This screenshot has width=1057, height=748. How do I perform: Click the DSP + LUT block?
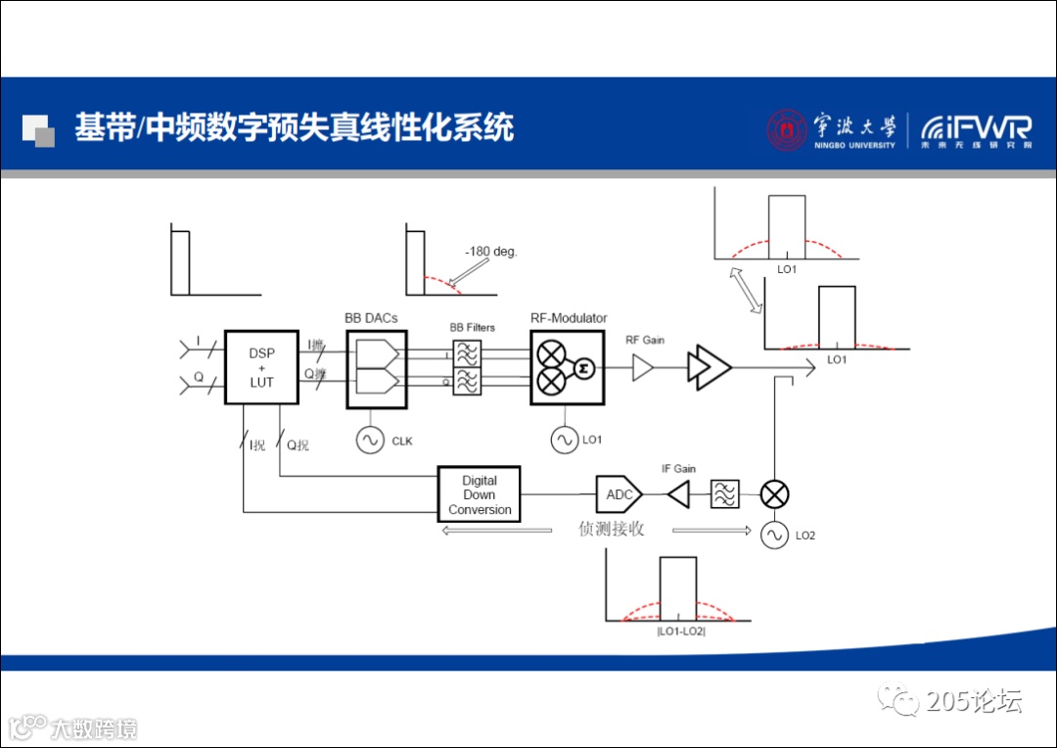click(x=261, y=367)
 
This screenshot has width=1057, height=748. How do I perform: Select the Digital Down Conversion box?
click(x=479, y=494)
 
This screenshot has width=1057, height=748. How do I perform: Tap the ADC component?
click(x=619, y=494)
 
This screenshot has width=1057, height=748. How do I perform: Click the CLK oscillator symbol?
click(x=370, y=441)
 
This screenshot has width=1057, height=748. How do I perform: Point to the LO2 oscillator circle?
click(x=774, y=535)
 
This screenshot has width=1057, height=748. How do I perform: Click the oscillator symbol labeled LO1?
click(x=564, y=441)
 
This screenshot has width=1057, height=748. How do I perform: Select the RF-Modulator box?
click(x=568, y=367)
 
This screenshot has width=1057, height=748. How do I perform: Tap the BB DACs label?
click(x=371, y=318)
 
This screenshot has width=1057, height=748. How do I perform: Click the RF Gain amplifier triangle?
click(x=644, y=367)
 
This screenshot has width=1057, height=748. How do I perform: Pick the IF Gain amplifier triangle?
click(x=678, y=494)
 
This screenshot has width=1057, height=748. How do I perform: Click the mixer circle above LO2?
click(x=774, y=494)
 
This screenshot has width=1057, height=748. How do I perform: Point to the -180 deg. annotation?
click(x=490, y=252)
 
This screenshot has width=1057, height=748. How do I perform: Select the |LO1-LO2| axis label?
click(x=681, y=631)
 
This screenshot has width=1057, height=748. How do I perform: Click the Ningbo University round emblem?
click(x=787, y=129)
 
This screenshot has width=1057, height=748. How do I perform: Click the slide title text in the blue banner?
click(x=295, y=127)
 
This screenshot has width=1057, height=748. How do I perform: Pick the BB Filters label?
click(x=472, y=328)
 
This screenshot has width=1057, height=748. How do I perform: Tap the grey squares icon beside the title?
click(x=38, y=130)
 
